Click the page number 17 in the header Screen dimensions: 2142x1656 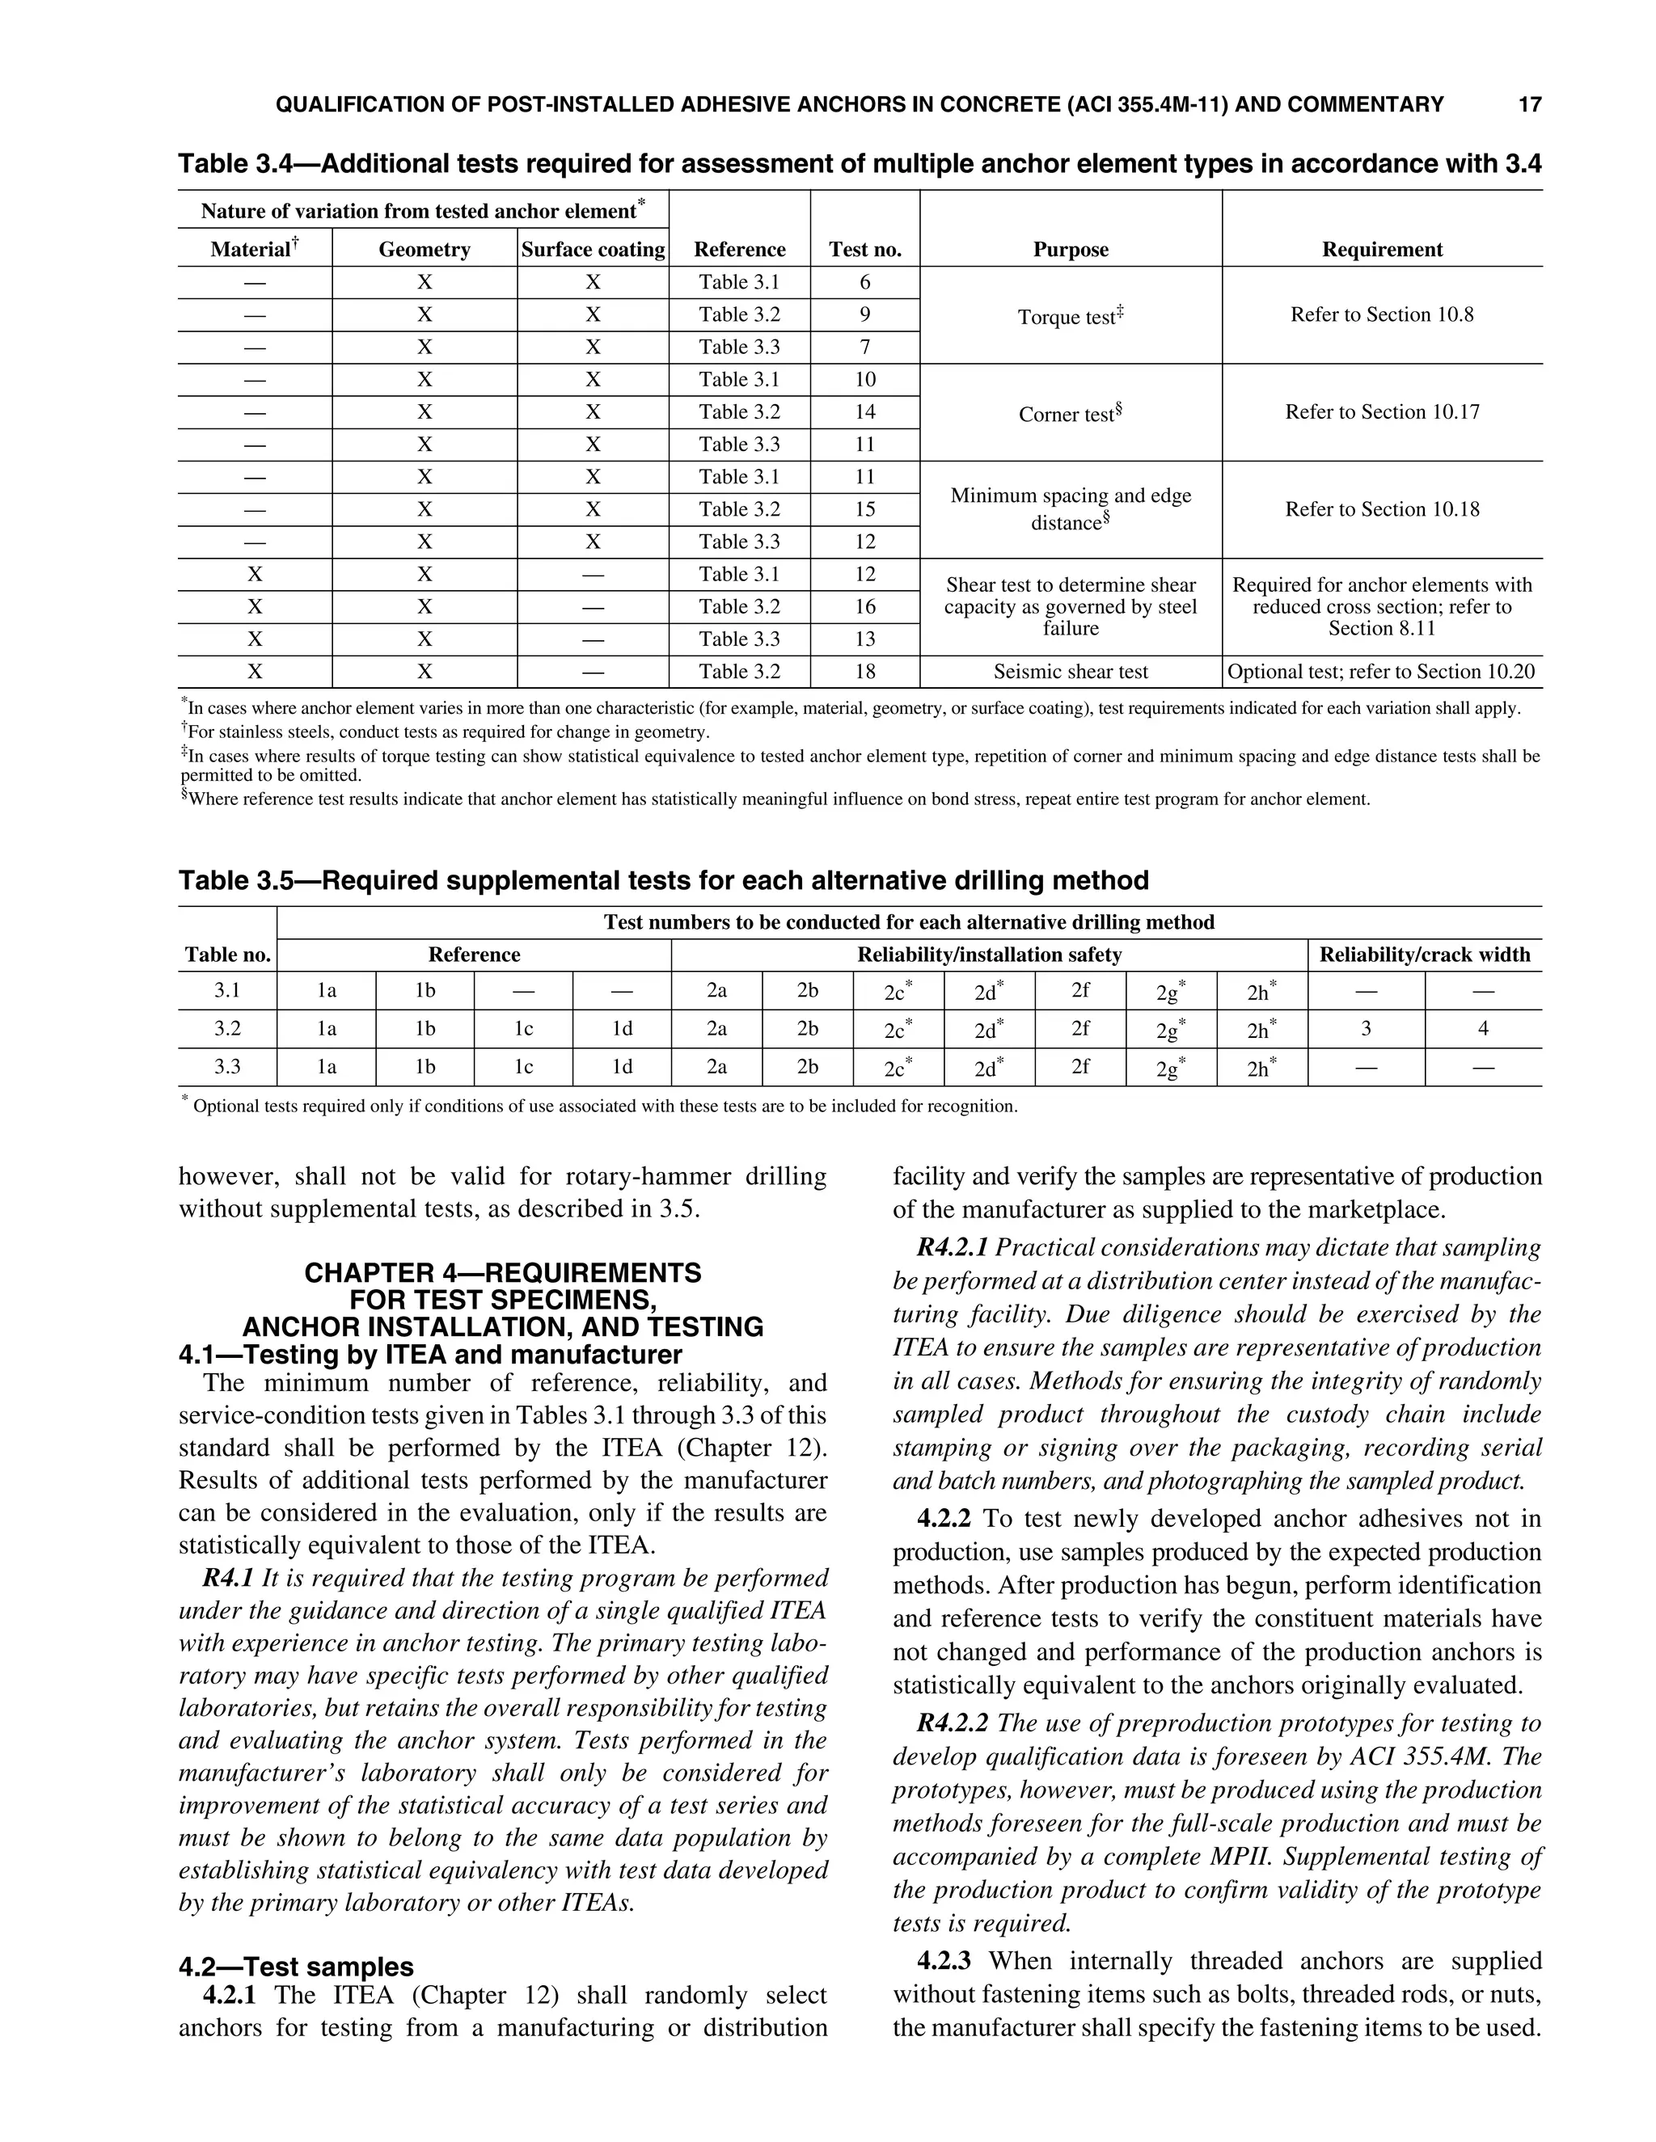(1529, 104)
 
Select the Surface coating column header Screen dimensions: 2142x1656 (593, 249)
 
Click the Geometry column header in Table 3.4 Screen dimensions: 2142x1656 (424, 249)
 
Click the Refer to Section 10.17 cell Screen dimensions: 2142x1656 (1381, 412)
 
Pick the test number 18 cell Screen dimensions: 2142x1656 (864, 672)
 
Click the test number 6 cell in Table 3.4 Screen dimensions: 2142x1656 (864, 282)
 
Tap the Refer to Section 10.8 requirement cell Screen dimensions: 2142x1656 (1381, 314)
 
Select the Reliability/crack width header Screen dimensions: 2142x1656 (1423, 955)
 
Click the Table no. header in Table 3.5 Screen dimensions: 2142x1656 (227, 955)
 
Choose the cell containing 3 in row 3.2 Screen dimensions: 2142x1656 (1365, 1029)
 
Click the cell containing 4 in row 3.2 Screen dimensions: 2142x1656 (1482, 1029)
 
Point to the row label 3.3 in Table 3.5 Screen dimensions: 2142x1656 (227, 1066)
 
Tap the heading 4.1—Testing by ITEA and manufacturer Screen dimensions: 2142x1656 (429, 1355)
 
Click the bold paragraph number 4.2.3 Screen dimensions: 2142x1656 (943, 1961)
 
